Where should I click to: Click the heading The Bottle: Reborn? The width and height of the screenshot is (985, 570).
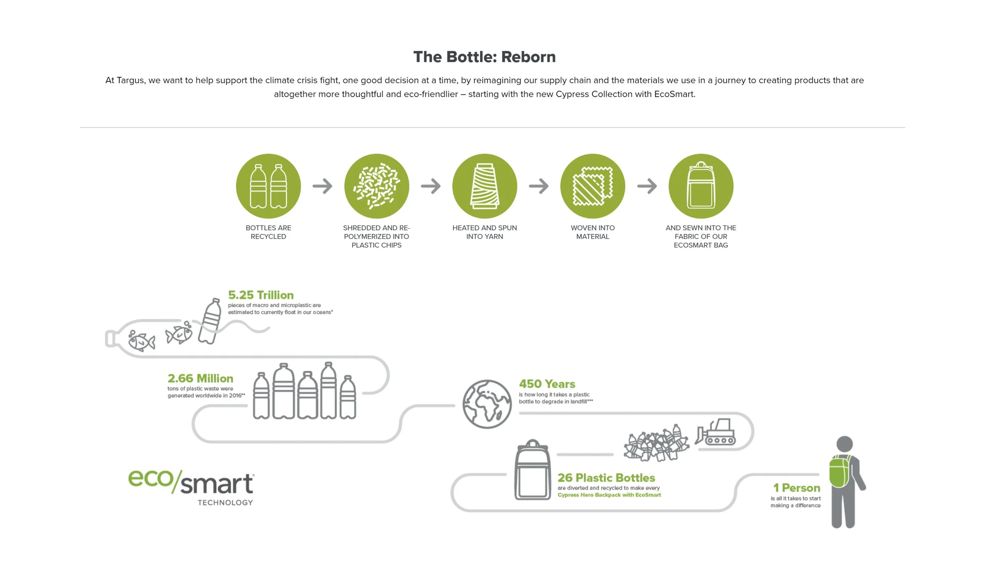coord(484,57)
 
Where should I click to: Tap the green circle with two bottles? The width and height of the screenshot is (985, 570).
coord(268,186)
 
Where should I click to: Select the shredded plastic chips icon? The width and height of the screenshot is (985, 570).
coord(376,186)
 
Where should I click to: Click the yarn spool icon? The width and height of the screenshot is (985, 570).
coord(484,186)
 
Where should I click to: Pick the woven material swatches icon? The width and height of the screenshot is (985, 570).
coord(593,186)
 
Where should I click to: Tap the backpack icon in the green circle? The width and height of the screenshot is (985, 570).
coord(701,186)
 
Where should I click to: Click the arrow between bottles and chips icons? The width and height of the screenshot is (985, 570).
coord(322,186)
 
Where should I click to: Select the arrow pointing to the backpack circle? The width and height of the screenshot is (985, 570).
coord(647,186)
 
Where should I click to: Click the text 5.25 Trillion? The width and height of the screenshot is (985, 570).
coord(261,295)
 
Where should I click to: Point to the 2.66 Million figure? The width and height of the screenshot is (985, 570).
coord(200,378)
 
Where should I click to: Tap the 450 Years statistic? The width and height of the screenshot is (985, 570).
coord(547,384)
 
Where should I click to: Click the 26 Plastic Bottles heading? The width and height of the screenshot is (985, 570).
coord(606,478)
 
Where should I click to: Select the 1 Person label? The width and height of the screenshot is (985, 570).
coord(796,488)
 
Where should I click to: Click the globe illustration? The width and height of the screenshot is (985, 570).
coord(487,404)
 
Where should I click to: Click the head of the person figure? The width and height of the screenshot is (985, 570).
coord(844,444)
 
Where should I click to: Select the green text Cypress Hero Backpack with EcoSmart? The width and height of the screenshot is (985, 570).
coord(609,495)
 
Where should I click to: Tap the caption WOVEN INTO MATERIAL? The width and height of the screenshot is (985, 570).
coord(593,232)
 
